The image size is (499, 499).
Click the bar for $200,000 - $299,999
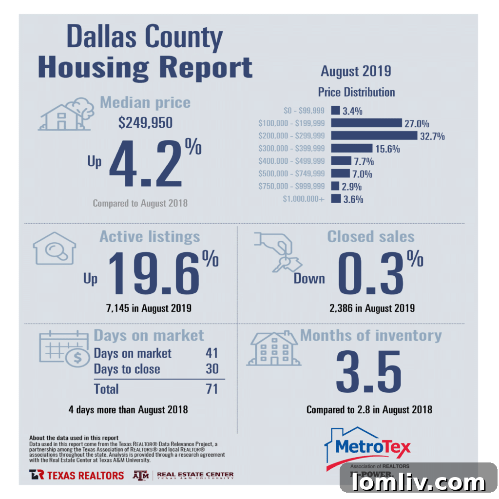point(374,135)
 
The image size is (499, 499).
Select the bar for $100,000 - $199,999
point(366,123)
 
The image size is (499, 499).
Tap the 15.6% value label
point(387,149)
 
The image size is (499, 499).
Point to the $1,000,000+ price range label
point(303,199)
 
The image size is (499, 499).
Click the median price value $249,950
point(145,122)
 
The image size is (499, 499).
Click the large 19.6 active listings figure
point(153,273)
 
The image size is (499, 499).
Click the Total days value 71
point(211,389)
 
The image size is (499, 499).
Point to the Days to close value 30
point(212,369)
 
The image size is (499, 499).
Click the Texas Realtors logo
point(77,475)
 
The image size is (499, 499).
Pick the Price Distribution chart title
point(356,92)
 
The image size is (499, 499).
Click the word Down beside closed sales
point(309,278)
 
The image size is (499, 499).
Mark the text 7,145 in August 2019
point(149,308)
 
